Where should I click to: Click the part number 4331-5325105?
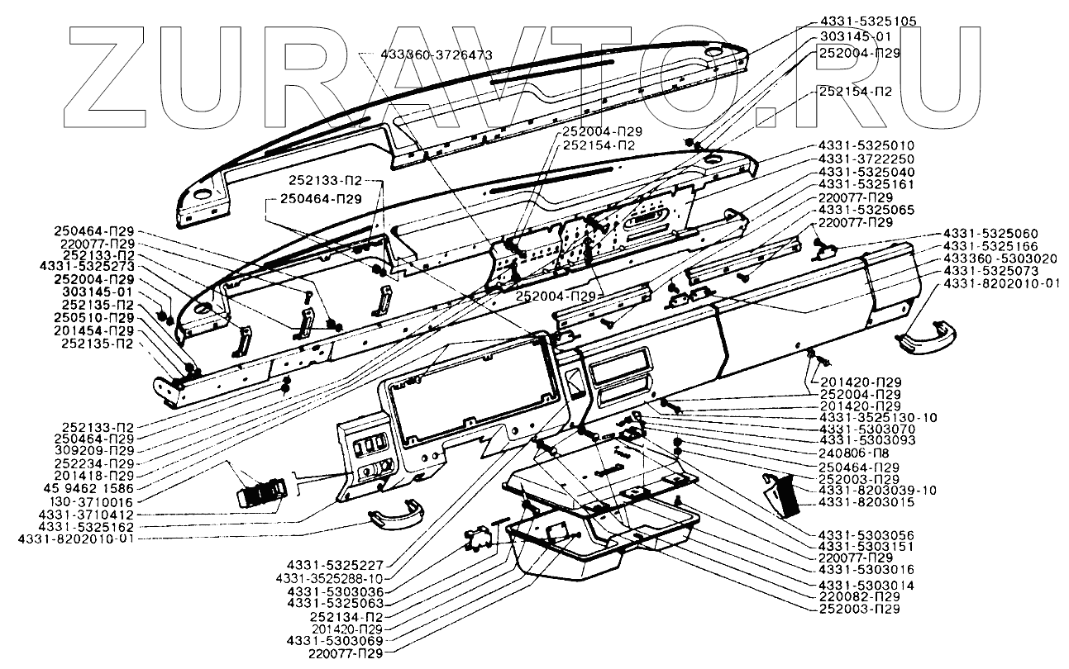coord(868,21)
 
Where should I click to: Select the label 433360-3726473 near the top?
coord(437,55)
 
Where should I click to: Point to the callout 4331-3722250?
coord(866,159)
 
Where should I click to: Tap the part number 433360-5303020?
coord(990,259)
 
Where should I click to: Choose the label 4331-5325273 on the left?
coord(88,267)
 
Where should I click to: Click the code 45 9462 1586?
coord(94,489)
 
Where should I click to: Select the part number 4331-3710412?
coord(86,515)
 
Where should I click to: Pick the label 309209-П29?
coord(94,451)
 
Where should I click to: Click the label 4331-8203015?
coord(866,502)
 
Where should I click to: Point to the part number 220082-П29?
coord(860,596)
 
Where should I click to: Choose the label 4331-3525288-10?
coord(330,579)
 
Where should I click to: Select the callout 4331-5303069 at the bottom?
coord(335,641)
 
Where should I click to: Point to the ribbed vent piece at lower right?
coord(783,496)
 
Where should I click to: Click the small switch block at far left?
coord(261,491)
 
